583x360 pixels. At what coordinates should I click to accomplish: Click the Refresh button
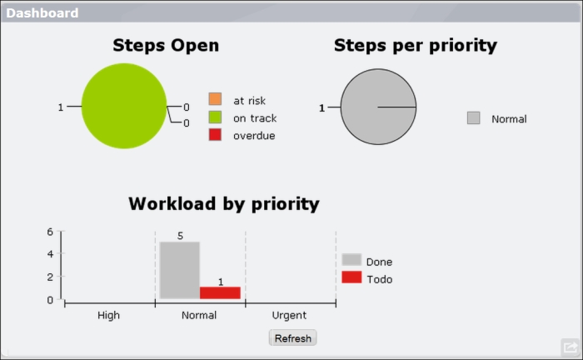click(292, 337)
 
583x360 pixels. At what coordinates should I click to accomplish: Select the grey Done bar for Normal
click(180, 270)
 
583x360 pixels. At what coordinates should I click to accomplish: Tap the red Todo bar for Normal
click(220, 292)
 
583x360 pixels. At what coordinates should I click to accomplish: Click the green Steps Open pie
click(124, 106)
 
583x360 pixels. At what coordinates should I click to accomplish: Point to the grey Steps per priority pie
click(378, 107)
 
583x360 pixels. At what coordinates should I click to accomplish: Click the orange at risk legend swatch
click(215, 99)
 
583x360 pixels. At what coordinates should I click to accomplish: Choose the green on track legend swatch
click(215, 117)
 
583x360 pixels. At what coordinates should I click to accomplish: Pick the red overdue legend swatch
click(215, 135)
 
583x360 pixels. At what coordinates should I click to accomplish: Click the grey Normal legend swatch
click(473, 117)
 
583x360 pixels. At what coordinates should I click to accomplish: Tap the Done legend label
click(379, 262)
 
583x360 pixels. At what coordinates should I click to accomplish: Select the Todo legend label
click(379, 279)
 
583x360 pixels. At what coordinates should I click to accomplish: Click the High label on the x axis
click(108, 315)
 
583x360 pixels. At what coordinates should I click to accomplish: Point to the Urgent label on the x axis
click(289, 315)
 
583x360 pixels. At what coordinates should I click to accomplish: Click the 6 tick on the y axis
click(50, 232)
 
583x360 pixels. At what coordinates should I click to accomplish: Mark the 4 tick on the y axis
click(50, 254)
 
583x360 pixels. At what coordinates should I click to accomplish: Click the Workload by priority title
click(224, 204)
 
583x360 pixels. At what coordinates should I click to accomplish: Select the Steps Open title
click(166, 46)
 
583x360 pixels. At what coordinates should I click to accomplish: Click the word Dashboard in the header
click(42, 13)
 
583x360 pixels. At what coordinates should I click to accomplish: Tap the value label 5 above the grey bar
click(180, 236)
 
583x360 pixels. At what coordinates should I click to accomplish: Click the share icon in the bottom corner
click(570, 347)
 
